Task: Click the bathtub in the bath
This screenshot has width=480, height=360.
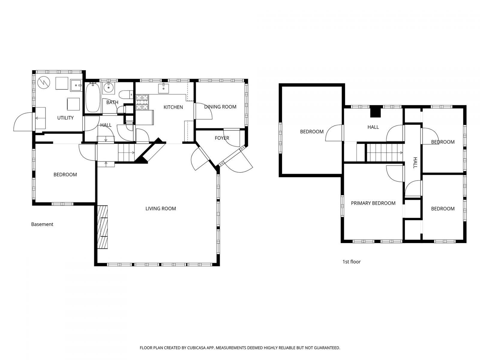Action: tap(92, 98)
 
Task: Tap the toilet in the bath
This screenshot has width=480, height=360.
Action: tap(125, 94)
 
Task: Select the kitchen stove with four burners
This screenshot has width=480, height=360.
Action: tap(142, 102)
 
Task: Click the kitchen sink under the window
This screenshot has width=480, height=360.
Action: tap(163, 88)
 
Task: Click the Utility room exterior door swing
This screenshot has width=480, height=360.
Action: tap(23, 122)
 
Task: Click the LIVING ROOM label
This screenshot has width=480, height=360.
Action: tap(160, 208)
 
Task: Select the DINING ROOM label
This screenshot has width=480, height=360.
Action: tap(220, 107)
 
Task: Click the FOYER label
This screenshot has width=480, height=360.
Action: tap(222, 138)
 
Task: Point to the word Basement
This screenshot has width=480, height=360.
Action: tap(42, 224)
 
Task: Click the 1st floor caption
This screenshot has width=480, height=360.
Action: tap(351, 262)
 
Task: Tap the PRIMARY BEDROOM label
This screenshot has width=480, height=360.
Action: tap(373, 203)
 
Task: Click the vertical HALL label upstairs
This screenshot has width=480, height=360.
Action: tap(415, 163)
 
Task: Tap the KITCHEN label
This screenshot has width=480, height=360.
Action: tap(173, 107)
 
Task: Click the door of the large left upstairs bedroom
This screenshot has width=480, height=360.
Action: tap(334, 133)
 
